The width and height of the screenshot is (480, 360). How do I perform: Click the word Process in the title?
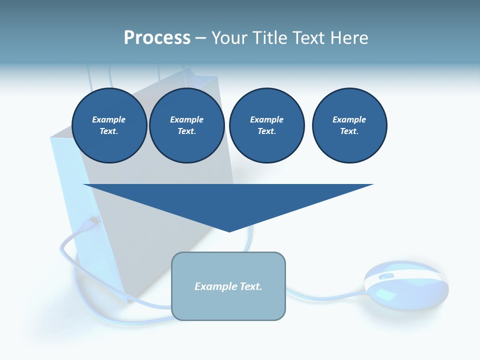(x=157, y=38)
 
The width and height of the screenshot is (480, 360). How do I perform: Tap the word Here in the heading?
(x=348, y=38)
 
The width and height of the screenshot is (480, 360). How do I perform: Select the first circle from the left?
(x=109, y=125)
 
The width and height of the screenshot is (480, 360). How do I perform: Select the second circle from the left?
(x=187, y=125)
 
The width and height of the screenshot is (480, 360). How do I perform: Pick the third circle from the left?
(x=266, y=125)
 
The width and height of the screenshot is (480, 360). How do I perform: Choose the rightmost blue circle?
(x=349, y=125)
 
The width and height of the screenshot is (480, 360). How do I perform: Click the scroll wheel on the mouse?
(x=386, y=276)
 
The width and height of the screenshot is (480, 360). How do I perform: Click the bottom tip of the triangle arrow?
(x=229, y=230)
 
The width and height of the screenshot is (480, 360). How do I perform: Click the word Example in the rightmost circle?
(x=349, y=119)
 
